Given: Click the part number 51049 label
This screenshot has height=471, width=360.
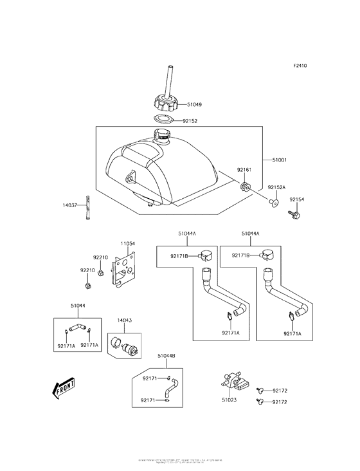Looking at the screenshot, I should [x=194, y=104].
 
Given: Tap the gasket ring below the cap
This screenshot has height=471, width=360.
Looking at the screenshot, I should [x=165, y=120].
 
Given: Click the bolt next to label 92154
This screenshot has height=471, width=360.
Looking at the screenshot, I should [x=295, y=216].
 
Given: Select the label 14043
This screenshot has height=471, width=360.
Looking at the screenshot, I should [x=125, y=320].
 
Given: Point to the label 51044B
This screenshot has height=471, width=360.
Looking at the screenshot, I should [x=166, y=355].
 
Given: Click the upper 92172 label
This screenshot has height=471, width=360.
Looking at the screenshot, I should [x=280, y=391].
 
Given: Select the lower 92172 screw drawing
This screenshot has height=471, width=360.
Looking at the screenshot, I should [x=261, y=402].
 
